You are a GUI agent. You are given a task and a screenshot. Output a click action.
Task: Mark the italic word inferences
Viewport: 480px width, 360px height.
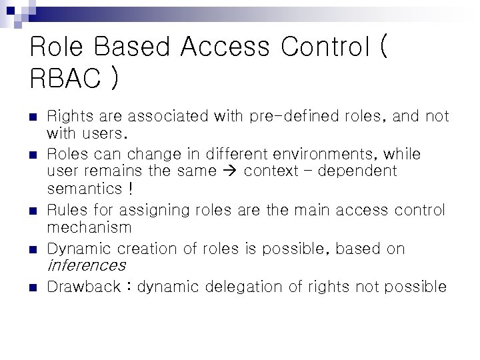87,265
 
